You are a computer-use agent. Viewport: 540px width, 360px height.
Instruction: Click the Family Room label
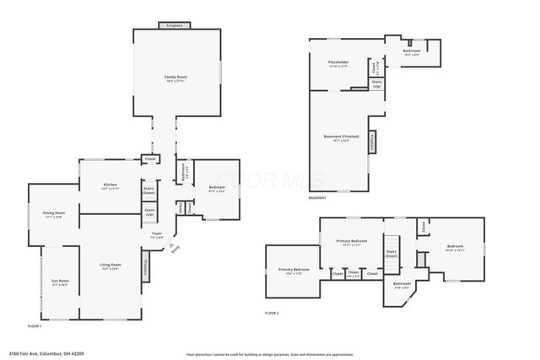(175, 78)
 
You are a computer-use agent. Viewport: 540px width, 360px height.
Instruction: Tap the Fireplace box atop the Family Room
(174, 26)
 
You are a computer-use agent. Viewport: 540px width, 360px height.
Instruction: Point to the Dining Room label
(53, 214)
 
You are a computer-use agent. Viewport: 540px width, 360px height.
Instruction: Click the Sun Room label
(60, 282)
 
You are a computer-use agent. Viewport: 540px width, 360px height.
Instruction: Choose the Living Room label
(110, 266)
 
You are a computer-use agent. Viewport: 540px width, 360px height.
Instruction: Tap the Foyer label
(157, 234)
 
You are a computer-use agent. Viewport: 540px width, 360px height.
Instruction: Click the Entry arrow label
(175, 249)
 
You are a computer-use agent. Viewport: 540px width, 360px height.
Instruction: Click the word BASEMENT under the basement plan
(317, 198)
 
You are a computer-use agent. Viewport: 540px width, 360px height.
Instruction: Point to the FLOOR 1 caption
(35, 325)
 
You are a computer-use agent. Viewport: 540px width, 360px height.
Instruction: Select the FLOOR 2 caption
(272, 313)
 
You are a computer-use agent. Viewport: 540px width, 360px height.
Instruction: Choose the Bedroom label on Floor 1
(217, 188)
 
